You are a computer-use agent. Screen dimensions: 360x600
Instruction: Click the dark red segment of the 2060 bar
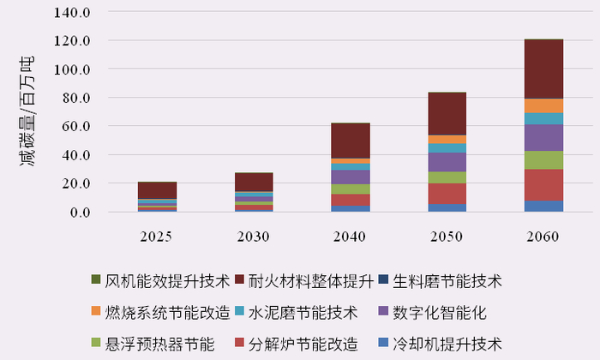543,69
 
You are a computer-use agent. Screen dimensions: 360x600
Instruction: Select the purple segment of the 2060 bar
543,137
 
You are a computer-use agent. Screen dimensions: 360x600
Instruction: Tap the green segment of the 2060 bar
543,159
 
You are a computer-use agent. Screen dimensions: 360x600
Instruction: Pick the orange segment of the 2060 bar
543,105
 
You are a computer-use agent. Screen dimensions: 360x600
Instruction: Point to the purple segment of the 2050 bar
447,162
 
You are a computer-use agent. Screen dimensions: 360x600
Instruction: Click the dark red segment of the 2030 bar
254,181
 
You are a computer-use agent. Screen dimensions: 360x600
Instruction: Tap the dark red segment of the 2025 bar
157,189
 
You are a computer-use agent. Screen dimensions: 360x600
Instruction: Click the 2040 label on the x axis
351,237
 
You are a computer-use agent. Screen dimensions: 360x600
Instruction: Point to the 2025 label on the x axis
157,237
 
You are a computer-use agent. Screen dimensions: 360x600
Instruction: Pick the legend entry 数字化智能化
442,312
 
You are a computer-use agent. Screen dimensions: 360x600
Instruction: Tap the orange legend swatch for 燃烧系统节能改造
96,312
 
